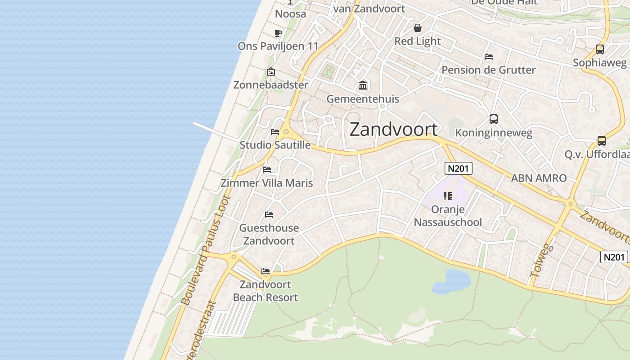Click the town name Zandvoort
(x=393, y=130)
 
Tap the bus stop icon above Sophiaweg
(x=599, y=49)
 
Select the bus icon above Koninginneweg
(x=494, y=119)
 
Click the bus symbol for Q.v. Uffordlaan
(x=602, y=141)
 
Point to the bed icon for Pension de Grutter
(x=489, y=57)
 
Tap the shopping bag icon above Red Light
(x=418, y=28)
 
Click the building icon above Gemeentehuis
(x=363, y=85)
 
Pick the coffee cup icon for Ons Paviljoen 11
(x=278, y=33)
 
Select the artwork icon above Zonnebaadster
(x=270, y=72)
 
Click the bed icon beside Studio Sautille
(x=275, y=132)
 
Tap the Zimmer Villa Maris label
(x=266, y=183)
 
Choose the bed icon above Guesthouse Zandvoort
(x=269, y=214)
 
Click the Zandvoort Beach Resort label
(x=265, y=291)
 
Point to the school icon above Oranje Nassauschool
(x=447, y=196)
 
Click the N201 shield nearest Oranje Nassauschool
(x=458, y=169)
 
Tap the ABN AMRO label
(x=539, y=178)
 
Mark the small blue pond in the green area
(x=451, y=281)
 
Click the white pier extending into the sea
(x=214, y=130)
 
